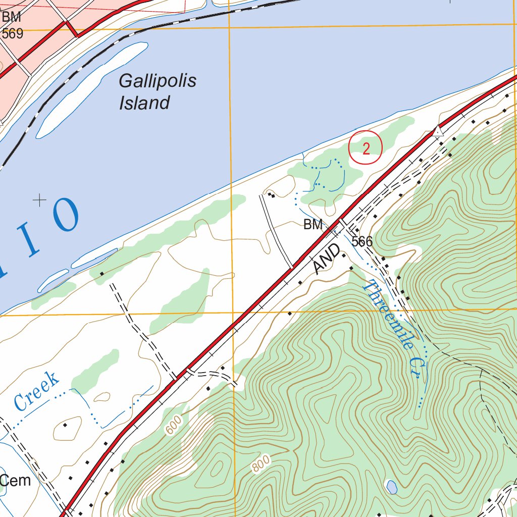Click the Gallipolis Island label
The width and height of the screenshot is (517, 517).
pos(157,92)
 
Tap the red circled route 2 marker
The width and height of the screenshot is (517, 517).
pos(366,147)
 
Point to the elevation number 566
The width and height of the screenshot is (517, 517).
pos(362,241)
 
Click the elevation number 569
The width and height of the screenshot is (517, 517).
pos(13,34)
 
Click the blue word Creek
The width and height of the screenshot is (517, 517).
pos(36,391)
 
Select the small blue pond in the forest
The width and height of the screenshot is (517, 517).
pos(391,487)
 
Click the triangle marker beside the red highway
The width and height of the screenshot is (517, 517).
pos(438,132)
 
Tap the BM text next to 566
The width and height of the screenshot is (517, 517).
pos(313,225)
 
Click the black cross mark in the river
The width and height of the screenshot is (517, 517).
pos(39,200)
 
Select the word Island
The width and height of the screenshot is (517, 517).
pos(144,103)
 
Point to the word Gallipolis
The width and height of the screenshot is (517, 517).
pos(157,81)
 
